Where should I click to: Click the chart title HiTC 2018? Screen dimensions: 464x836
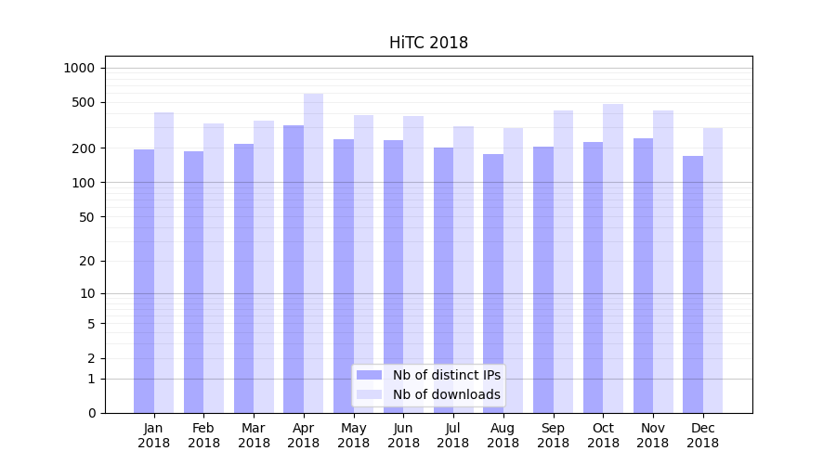(x=428, y=43)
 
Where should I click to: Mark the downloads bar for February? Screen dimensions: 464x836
(x=214, y=268)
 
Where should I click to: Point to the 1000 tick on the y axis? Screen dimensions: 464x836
(x=79, y=68)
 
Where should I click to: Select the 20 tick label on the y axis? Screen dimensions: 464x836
(x=86, y=261)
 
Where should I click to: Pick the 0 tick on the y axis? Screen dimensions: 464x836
(x=91, y=413)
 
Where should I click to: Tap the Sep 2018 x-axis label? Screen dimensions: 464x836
(x=553, y=435)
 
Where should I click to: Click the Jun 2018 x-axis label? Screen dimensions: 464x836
(x=403, y=435)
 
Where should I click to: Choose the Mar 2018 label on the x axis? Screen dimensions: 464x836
(x=254, y=435)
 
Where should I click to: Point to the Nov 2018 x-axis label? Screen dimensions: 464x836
(x=653, y=435)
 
